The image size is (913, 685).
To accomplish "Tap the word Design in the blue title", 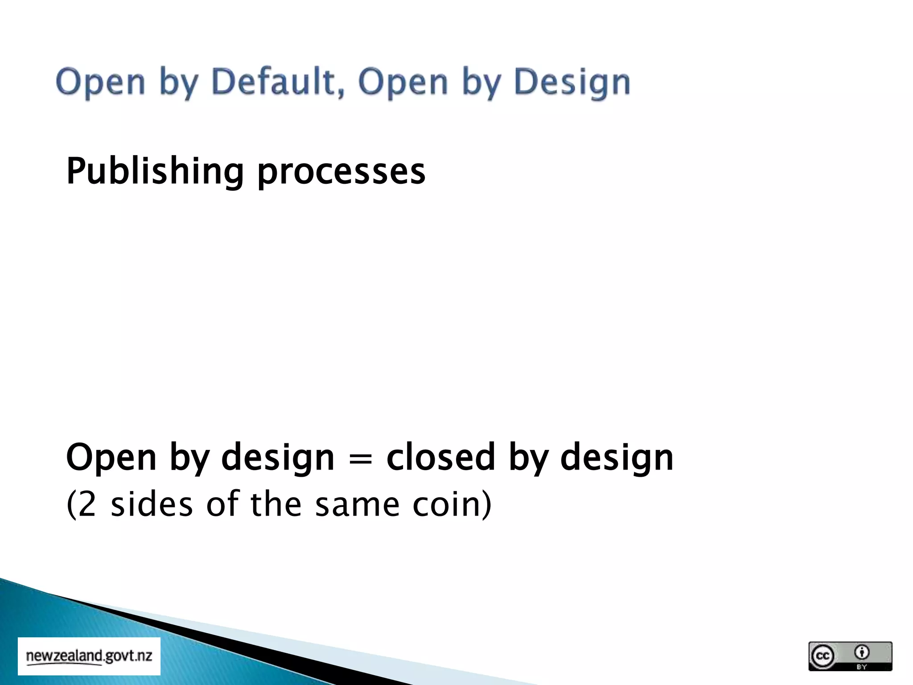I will [572, 83].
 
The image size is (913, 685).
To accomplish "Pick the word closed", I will [440, 457].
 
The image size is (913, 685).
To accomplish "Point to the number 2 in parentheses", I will [87, 504].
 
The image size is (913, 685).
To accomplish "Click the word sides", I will [152, 504].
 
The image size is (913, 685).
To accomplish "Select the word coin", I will [446, 504].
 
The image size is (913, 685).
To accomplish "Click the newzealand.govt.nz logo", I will [89, 656].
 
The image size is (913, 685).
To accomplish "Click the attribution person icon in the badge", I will [862, 652].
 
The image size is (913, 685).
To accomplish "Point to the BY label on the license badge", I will [862, 667].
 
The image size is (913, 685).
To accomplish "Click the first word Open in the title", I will [101, 83].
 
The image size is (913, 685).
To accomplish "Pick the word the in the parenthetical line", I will [276, 504].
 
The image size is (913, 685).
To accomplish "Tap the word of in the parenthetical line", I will [222, 504].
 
